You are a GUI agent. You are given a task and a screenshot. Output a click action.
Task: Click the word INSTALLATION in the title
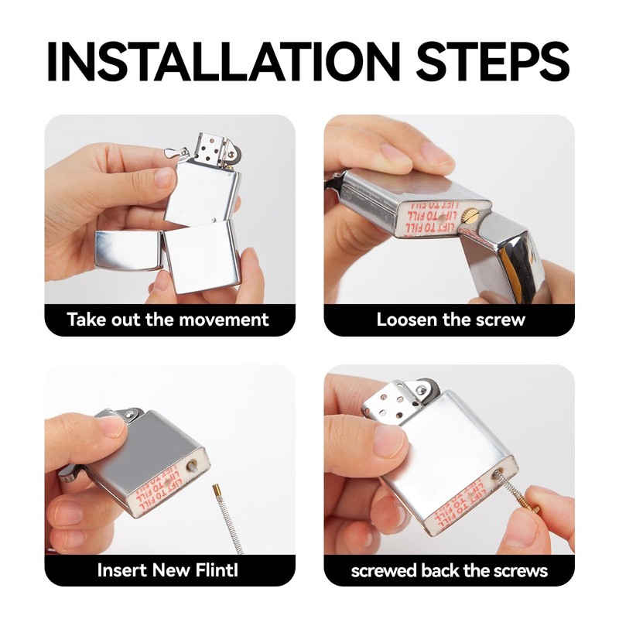click(223, 61)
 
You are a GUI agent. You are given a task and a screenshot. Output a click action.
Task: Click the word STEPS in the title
click(492, 61)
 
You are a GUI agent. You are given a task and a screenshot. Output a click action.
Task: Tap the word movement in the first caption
click(224, 320)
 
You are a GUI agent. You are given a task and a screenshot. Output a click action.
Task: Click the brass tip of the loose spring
click(216, 490)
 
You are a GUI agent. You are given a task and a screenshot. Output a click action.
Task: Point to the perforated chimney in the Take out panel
click(211, 148)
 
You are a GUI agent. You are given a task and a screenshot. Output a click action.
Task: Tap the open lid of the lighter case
click(128, 250)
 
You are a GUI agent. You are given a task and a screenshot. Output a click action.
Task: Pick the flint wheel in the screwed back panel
click(429, 388)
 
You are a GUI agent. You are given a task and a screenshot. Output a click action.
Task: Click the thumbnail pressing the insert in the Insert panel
click(112, 426)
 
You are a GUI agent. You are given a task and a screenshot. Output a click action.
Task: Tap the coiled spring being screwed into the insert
click(512, 489)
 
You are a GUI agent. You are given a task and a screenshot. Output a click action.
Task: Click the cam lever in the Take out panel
click(176, 152)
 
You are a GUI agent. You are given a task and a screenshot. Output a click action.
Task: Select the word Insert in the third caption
click(121, 570)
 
